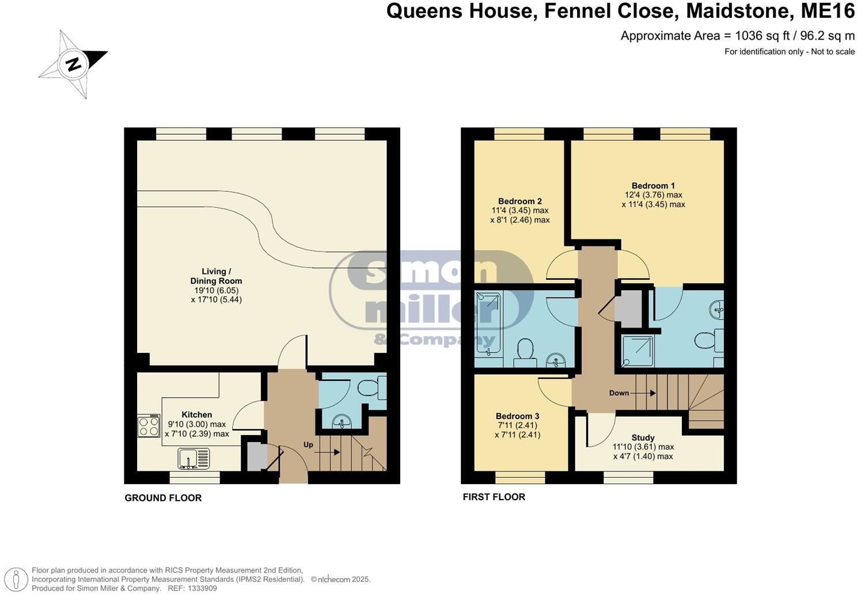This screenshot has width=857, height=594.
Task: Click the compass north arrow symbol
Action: pyautogui.click(x=73, y=63)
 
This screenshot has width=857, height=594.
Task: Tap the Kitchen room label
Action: pyautogui.click(x=196, y=414)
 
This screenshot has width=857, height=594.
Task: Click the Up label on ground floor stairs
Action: pyautogui.click(x=309, y=445)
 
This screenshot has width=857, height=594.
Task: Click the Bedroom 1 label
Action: pyautogui.click(x=653, y=185)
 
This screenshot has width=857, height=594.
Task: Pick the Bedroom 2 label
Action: pyautogui.click(x=519, y=201)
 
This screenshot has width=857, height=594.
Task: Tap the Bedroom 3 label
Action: pyautogui.click(x=517, y=416)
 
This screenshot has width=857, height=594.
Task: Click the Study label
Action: pyautogui.click(x=643, y=437)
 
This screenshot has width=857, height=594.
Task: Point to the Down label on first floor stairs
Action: pyautogui.click(x=619, y=393)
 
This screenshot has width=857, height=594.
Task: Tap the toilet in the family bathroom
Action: pyautogui.click(x=525, y=351)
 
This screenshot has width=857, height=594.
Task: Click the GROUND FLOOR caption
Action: pyautogui.click(x=163, y=498)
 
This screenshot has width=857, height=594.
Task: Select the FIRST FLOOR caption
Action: pyautogui.click(x=494, y=497)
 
